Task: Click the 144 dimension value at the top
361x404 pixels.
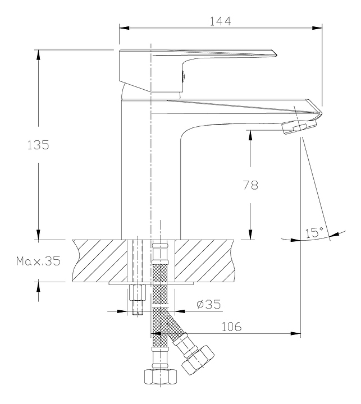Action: (x=221, y=21)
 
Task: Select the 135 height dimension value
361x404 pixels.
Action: (x=38, y=145)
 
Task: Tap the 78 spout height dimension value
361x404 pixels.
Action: (x=250, y=185)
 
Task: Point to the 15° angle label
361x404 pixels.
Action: (x=314, y=232)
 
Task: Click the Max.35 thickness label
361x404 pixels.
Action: (x=38, y=261)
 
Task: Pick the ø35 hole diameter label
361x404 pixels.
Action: (x=209, y=304)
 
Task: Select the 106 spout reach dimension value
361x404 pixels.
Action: (x=231, y=327)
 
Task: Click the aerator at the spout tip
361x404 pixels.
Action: (x=299, y=127)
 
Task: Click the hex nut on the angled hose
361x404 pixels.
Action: (x=198, y=360)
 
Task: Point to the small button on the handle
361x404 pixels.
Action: (x=183, y=76)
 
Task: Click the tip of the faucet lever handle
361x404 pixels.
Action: (x=276, y=55)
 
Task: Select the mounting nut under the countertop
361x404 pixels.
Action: (x=137, y=293)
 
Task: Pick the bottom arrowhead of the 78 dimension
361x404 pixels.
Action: (x=250, y=234)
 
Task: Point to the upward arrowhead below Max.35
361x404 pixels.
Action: (x=38, y=287)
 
